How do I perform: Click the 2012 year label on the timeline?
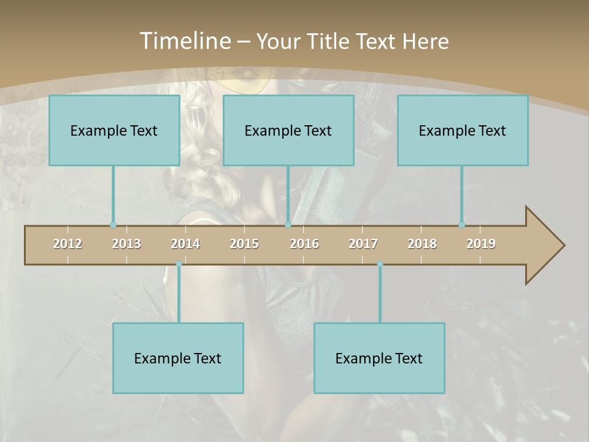click(67, 244)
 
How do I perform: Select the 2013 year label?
click(126, 244)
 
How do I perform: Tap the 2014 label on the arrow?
click(185, 244)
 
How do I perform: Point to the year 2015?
click(244, 244)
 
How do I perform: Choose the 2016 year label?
click(304, 244)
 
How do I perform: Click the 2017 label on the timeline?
click(363, 244)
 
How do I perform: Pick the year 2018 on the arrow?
click(422, 244)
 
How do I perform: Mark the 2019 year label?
click(481, 244)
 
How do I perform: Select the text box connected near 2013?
click(114, 130)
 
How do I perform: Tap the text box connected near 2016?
click(288, 130)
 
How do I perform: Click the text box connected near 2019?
click(463, 130)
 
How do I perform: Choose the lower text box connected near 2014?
click(178, 358)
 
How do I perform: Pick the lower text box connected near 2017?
click(379, 358)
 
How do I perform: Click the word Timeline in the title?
click(184, 41)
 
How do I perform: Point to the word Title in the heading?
click(330, 41)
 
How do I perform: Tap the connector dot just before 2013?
click(113, 225)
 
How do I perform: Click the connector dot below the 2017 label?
click(380, 264)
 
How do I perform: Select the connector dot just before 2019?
click(461, 225)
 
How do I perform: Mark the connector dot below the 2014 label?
click(179, 264)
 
